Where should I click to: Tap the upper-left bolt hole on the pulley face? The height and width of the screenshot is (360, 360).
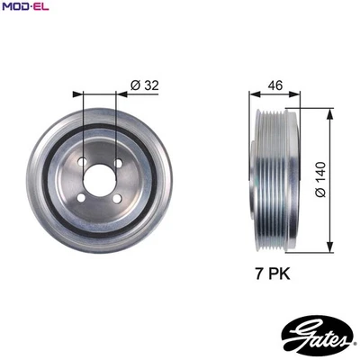click(83, 164)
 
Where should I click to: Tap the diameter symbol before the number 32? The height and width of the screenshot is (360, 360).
click(133, 85)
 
